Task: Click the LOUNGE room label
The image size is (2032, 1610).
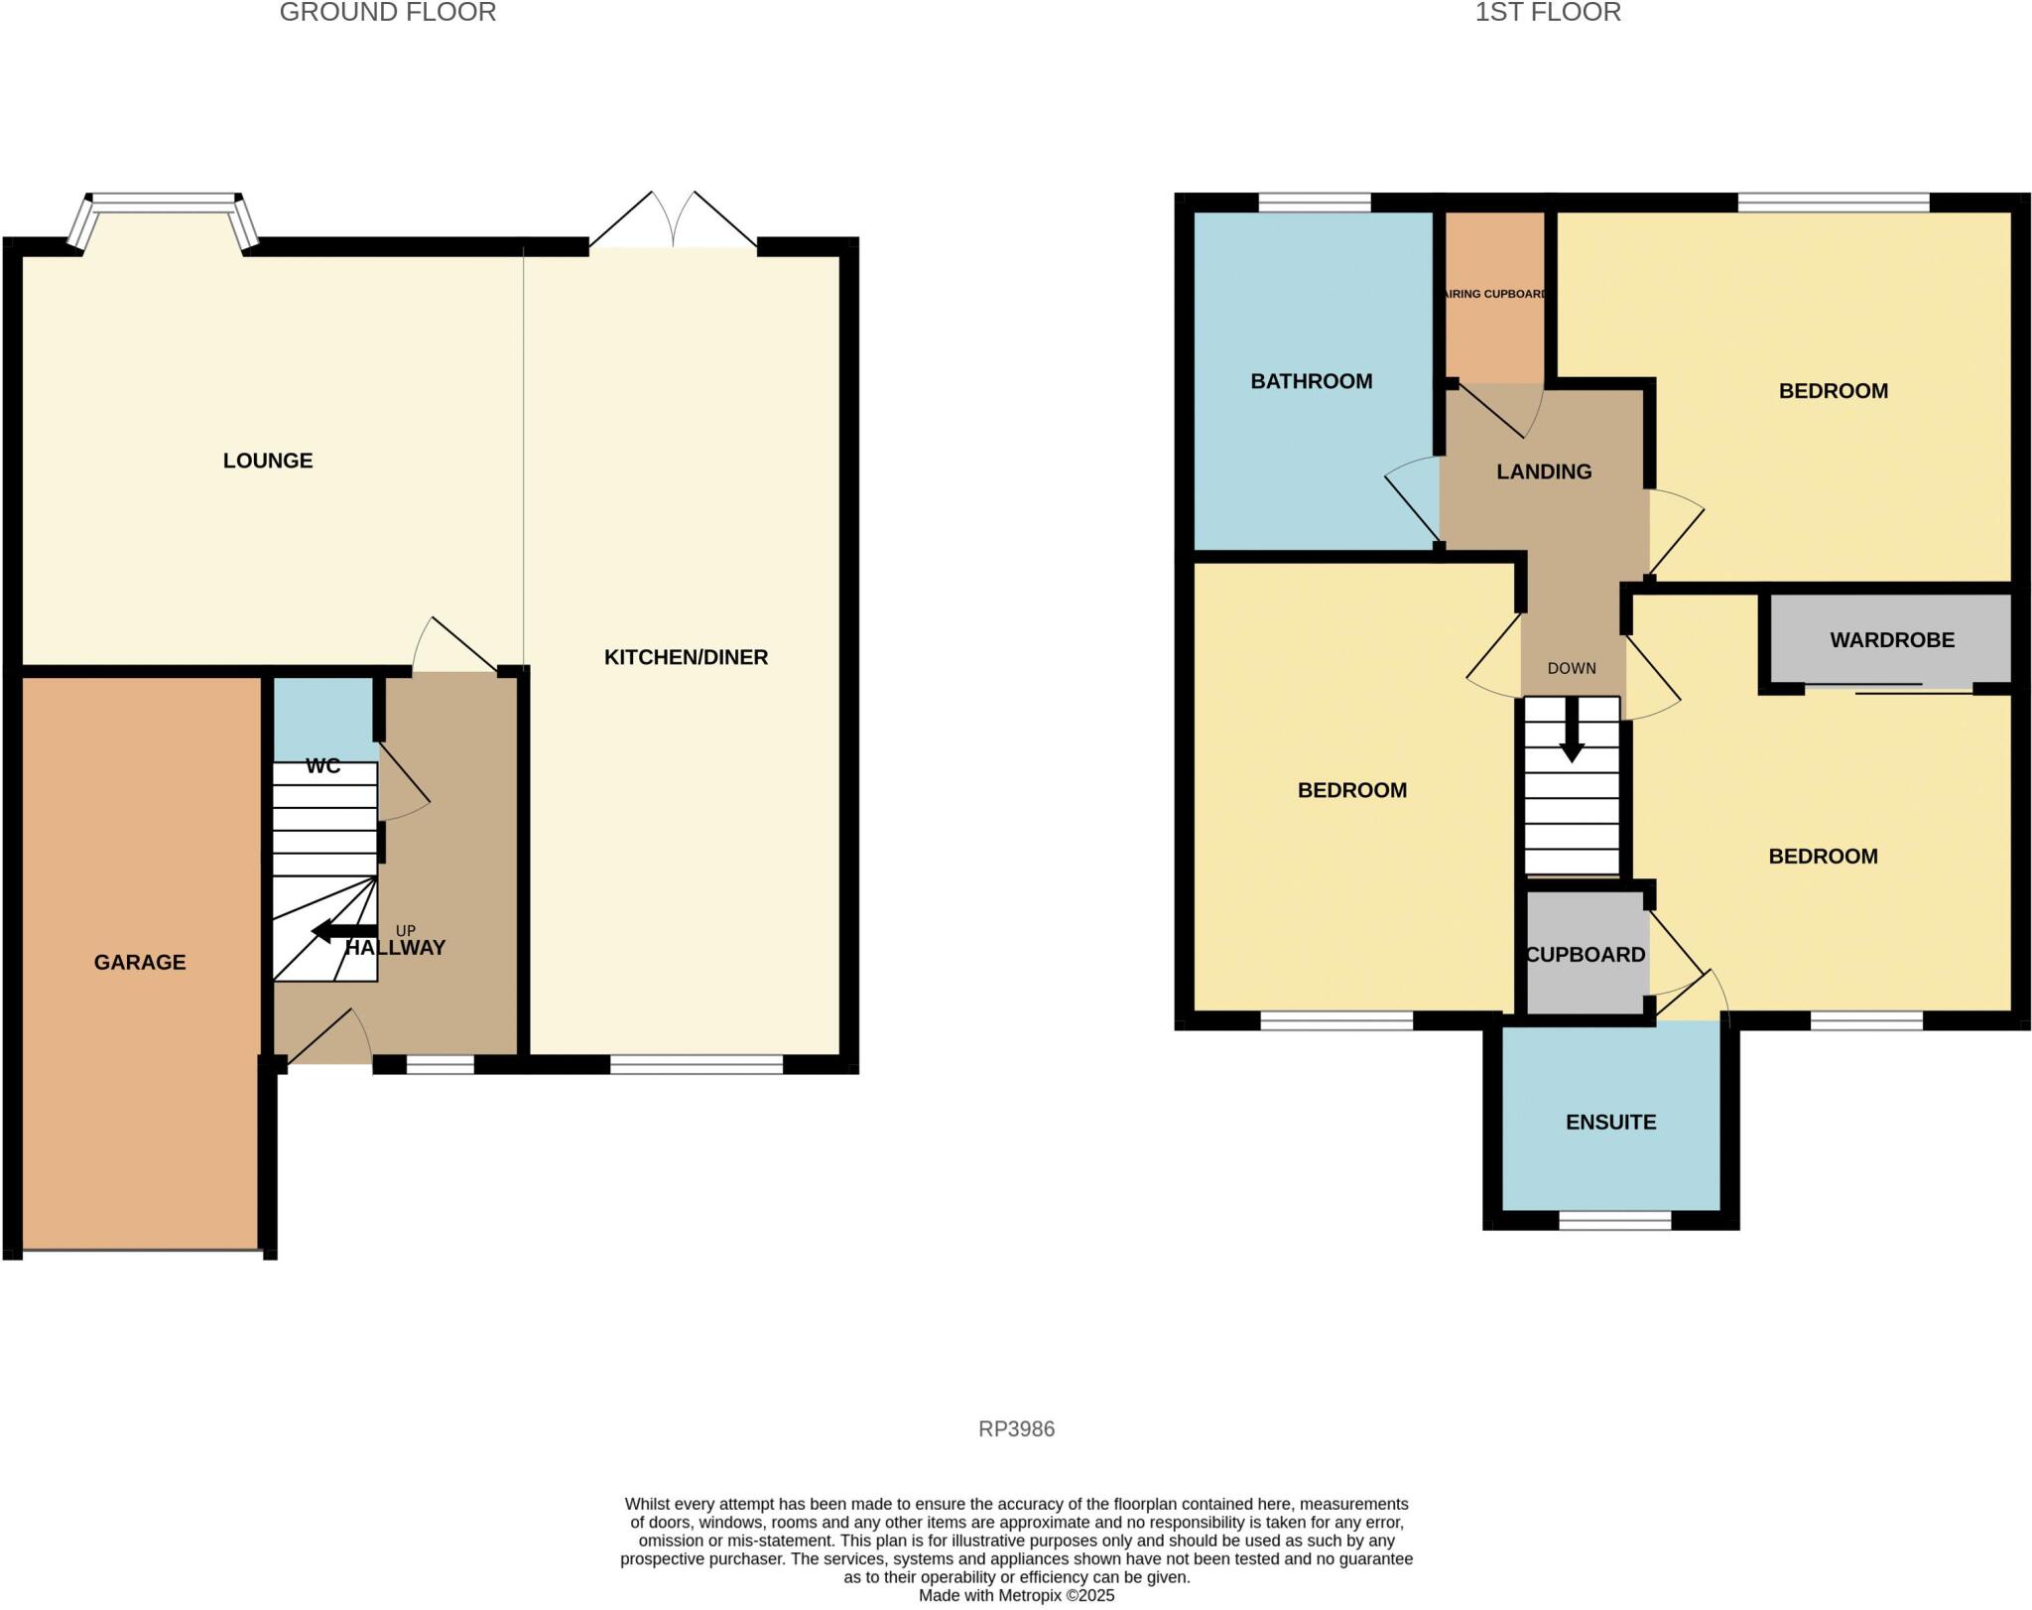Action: pyautogui.click(x=268, y=461)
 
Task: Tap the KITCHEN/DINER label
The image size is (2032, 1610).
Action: pyautogui.click(x=686, y=657)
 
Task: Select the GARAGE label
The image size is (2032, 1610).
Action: pyautogui.click(x=140, y=962)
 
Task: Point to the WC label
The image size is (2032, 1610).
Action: pyautogui.click(x=323, y=766)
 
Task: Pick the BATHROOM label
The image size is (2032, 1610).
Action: pyautogui.click(x=1311, y=381)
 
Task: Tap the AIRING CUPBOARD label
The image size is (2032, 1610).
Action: pyautogui.click(x=1494, y=294)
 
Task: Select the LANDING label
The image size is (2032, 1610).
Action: pyautogui.click(x=1544, y=471)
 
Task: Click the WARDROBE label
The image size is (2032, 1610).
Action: pyautogui.click(x=1891, y=640)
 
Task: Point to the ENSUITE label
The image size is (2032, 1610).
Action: pyautogui.click(x=1610, y=1123)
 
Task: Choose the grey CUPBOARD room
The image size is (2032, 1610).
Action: pyautogui.click(x=1586, y=955)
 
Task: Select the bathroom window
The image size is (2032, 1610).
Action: pyautogui.click(x=1314, y=202)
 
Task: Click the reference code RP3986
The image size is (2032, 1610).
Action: pyautogui.click(x=1016, y=1429)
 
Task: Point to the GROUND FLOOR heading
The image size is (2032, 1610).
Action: pyautogui.click(x=388, y=12)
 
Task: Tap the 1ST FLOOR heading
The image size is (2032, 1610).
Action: pyautogui.click(x=1548, y=12)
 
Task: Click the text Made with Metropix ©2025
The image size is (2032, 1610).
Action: pyautogui.click(x=1016, y=1596)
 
